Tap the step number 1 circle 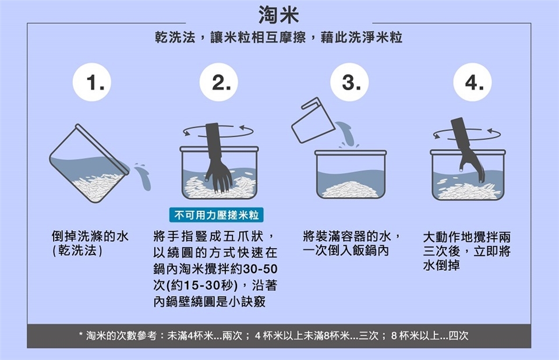click(x=92, y=82)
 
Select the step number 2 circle click(x=218, y=82)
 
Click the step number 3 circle click(x=349, y=82)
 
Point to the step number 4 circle click(x=472, y=82)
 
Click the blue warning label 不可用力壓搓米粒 click(x=217, y=215)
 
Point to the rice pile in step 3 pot click(x=351, y=189)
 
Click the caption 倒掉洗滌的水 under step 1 click(x=90, y=236)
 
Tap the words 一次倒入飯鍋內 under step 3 click(x=345, y=250)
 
